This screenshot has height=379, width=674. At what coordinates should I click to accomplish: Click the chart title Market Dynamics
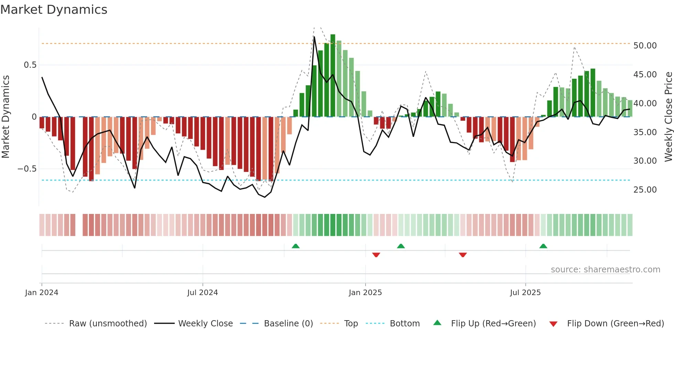pos(54,10)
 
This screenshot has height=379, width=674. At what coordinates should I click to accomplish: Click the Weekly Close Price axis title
pos(668,117)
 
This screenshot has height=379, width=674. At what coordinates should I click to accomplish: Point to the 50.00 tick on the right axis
pos(645,46)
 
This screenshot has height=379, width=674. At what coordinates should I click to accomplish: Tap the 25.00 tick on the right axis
pos(645,190)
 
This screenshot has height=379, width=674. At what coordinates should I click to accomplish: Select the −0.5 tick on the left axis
pos(27,169)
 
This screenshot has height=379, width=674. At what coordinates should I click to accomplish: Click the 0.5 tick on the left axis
pos(30,65)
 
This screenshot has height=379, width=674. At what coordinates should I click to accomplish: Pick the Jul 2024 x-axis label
pos(203,293)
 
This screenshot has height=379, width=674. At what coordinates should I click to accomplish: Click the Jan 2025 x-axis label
pos(365,293)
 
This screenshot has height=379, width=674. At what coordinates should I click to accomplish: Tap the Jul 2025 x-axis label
pos(525,293)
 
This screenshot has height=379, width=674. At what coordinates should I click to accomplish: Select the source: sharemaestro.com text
pos(605,270)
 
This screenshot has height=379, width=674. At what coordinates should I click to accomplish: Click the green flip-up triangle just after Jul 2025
pos(543,246)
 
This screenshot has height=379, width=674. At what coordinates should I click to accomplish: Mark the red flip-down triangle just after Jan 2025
pos(376,255)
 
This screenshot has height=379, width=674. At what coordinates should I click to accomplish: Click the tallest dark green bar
pos(333,76)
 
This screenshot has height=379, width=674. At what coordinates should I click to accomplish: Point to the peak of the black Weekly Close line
pos(314,37)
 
